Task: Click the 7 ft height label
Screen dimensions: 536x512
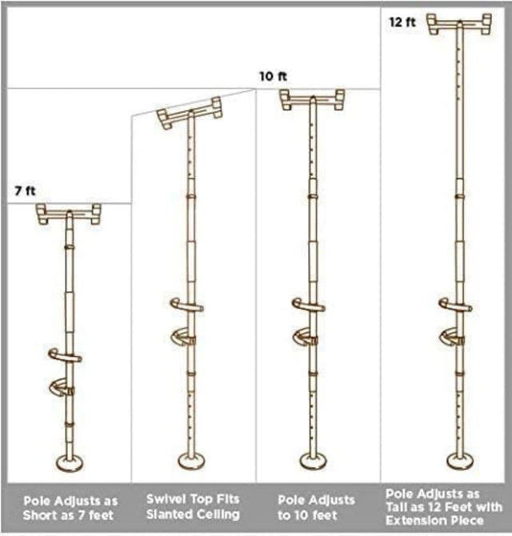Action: point(26,191)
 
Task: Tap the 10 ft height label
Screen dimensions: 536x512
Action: point(272,77)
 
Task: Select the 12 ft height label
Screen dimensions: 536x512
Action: point(402,22)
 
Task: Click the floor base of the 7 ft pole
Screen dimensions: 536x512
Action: point(69,463)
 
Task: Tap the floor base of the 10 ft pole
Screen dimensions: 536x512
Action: point(313,462)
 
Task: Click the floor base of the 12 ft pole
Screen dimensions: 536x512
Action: point(459,462)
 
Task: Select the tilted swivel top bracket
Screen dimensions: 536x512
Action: point(190,113)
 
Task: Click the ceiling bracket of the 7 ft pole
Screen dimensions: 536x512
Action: point(69,214)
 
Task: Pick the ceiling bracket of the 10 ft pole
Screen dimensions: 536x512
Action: point(312,99)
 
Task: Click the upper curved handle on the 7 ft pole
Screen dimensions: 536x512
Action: point(64,355)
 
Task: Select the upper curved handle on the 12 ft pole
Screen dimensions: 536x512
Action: point(454,304)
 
